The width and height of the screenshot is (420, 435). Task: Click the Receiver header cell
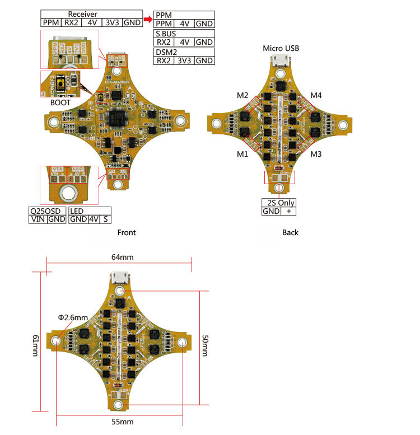[82, 14]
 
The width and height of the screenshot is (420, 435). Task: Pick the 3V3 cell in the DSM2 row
[184, 60]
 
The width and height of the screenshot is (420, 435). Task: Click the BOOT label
[60, 103]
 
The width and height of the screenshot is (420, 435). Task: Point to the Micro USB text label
[281, 49]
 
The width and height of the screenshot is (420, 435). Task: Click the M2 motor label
[242, 95]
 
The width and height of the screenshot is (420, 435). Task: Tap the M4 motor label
[316, 95]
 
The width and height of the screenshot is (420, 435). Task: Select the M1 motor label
[242, 154]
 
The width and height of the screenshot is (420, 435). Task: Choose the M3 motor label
[316, 154]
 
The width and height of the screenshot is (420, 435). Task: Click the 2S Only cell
[278, 203]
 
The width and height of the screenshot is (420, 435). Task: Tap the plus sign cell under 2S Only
[288, 211]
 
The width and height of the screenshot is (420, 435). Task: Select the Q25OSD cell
[47, 211]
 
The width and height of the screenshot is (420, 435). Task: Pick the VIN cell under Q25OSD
[38, 219]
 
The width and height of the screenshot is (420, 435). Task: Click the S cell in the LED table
[106, 219]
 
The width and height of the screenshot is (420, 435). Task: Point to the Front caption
[127, 232]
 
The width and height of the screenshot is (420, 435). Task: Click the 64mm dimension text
[123, 257]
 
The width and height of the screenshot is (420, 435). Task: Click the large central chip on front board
[119, 119]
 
